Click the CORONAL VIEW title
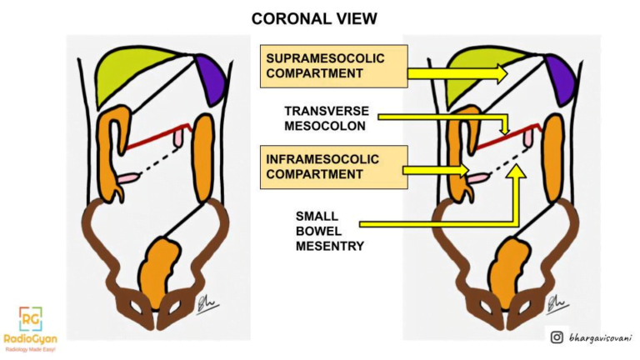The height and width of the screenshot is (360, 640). pyautogui.click(x=319, y=18)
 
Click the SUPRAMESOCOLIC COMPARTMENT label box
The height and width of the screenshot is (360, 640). pyautogui.click(x=333, y=67)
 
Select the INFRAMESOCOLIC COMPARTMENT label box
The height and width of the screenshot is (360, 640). pyautogui.click(x=333, y=166)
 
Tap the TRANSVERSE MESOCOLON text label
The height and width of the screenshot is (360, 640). pyautogui.click(x=327, y=118)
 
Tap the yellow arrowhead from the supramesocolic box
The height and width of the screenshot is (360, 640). pyautogui.click(x=497, y=73)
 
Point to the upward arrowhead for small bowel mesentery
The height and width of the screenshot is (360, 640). pyautogui.click(x=517, y=172)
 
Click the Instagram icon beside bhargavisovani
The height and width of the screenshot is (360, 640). pyautogui.click(x=557, y=337)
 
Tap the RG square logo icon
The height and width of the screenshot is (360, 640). pyautogui.click(x=30, y=318)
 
